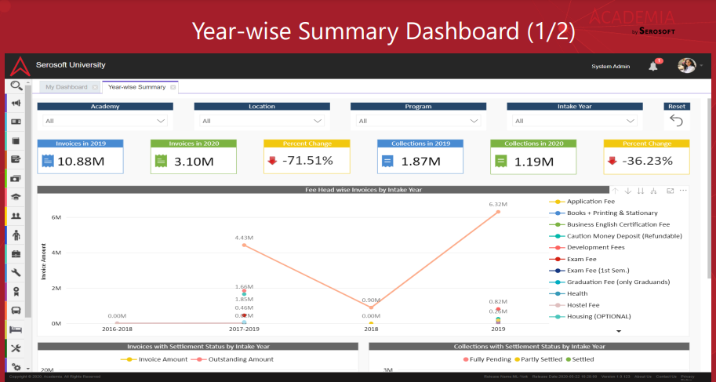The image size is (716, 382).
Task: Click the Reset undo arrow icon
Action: click(x=677, y=121)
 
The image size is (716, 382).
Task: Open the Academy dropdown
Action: click(x=106, y=121)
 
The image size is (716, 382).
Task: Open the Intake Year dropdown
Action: click(x=576, y=121)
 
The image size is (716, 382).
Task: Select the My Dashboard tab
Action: click(x=66, y=87)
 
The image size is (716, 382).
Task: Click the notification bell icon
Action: click(x=653, y=66)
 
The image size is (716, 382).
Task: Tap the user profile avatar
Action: click(x=686, y=66)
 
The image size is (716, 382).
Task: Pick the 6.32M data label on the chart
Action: click(x=498, y=204)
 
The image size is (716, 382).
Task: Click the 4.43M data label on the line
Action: click(x=244, y=238)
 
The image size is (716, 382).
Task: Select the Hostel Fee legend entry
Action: click(x=583, y=305)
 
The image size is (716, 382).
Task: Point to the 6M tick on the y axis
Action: click(x=56, y=217)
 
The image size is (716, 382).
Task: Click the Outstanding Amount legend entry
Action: click(x=236, y=359)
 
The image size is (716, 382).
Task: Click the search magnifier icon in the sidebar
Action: click(x=16, y=86)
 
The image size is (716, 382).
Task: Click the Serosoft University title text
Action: click(x=71, y=65)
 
